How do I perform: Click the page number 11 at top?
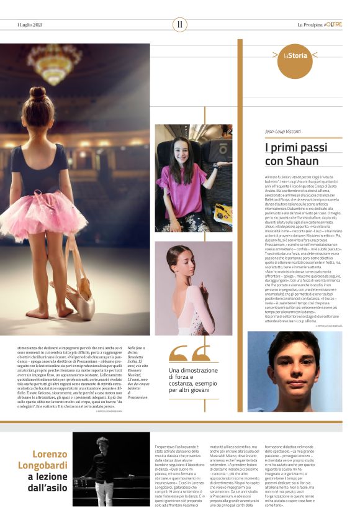[x=180, y=25]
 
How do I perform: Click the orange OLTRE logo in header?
[x=333, y=25]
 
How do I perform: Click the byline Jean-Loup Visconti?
[x=283, y=132]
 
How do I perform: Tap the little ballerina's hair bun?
[x=38, y=95]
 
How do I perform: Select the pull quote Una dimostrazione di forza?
[x=198, y=379]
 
